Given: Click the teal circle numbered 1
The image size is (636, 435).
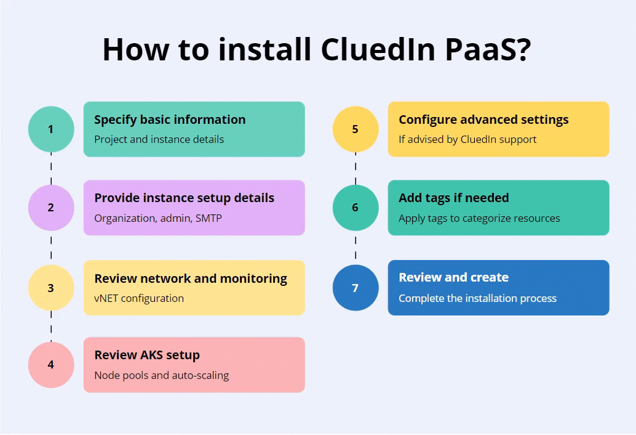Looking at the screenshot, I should (51, 129).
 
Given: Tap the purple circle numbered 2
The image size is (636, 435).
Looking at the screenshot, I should (51, 208).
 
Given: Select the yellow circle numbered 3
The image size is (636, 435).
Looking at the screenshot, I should (51, 288).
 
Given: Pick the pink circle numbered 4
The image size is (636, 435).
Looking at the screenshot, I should (51, 365).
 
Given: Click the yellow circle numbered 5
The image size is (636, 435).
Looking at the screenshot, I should (355, 129).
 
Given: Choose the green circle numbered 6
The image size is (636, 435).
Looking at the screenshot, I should (355, 208).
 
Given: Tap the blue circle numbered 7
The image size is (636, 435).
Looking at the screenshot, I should (355, 288).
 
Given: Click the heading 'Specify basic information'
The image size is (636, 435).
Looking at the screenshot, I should (170, 120).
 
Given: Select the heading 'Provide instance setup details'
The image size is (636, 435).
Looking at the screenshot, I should (184, 198).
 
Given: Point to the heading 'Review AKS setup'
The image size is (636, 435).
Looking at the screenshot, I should (147, 355).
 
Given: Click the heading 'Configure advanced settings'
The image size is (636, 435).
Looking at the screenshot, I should (483, 120).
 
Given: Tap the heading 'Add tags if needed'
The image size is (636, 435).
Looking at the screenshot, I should (454, 198).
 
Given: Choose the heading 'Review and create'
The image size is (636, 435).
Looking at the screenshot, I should (453, 277).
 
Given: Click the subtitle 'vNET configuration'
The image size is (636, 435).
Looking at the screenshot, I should (139, 298).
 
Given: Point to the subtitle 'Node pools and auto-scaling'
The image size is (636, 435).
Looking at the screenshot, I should (161, 375).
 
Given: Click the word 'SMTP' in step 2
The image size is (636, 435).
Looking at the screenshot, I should (209, 218).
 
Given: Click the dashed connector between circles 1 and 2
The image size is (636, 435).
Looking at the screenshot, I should (51, 168).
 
